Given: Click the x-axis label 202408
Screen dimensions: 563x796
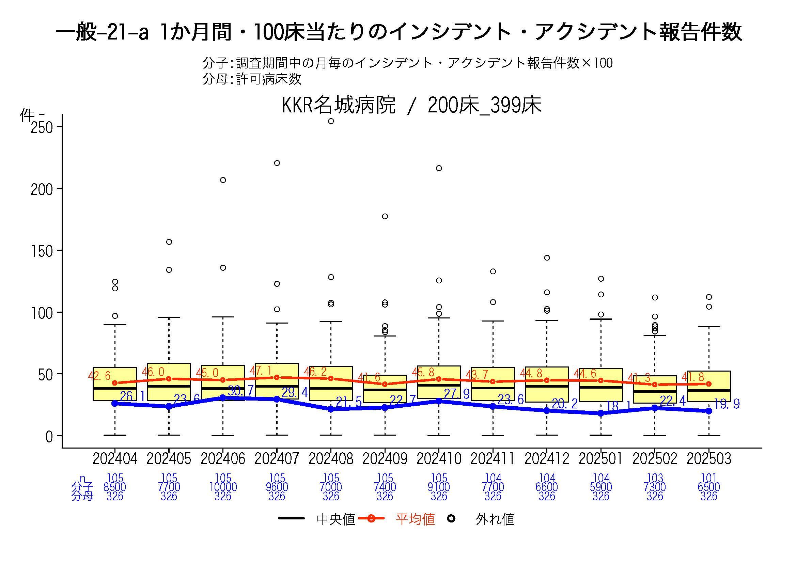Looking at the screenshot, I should click(x=331, y=459).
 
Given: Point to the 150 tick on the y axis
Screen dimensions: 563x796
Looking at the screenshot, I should click(x=42, y=251).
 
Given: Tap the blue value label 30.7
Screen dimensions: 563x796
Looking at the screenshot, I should click(x=241, y=391).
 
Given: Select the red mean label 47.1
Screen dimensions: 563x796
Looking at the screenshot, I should click(x=261, y=371).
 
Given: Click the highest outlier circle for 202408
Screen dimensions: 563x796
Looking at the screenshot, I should click(x=331, y=121).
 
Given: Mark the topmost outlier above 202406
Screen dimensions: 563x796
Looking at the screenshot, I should click(x=223, y=180).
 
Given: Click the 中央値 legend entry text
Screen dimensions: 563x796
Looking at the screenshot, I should click(x=335, y=519).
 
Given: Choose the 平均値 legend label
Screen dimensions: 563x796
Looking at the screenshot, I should click(x=415, y=519).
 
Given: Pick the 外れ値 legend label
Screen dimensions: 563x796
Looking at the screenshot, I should click(x=495, y=519).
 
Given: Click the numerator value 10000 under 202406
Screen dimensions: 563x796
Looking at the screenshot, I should click(x=223, y=487).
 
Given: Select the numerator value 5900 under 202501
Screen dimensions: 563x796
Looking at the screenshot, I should click(x=601, y=487).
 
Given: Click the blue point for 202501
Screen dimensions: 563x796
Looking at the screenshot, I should click(x=601, y=413).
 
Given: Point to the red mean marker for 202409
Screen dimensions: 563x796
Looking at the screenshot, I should click(x=385, y=384).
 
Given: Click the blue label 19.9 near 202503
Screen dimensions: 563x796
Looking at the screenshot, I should click(x=727, y=404).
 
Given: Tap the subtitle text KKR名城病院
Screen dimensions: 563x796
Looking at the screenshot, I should click(x=338, y=105).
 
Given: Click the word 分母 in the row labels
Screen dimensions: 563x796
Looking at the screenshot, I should click(x=82, y=496).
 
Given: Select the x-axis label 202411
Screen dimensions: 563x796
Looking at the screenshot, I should click(x=493, y=459).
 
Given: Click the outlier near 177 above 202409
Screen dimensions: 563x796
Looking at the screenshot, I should click(x=385, y=216).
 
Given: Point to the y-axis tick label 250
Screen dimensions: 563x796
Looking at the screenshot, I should click(x=42, y=128).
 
